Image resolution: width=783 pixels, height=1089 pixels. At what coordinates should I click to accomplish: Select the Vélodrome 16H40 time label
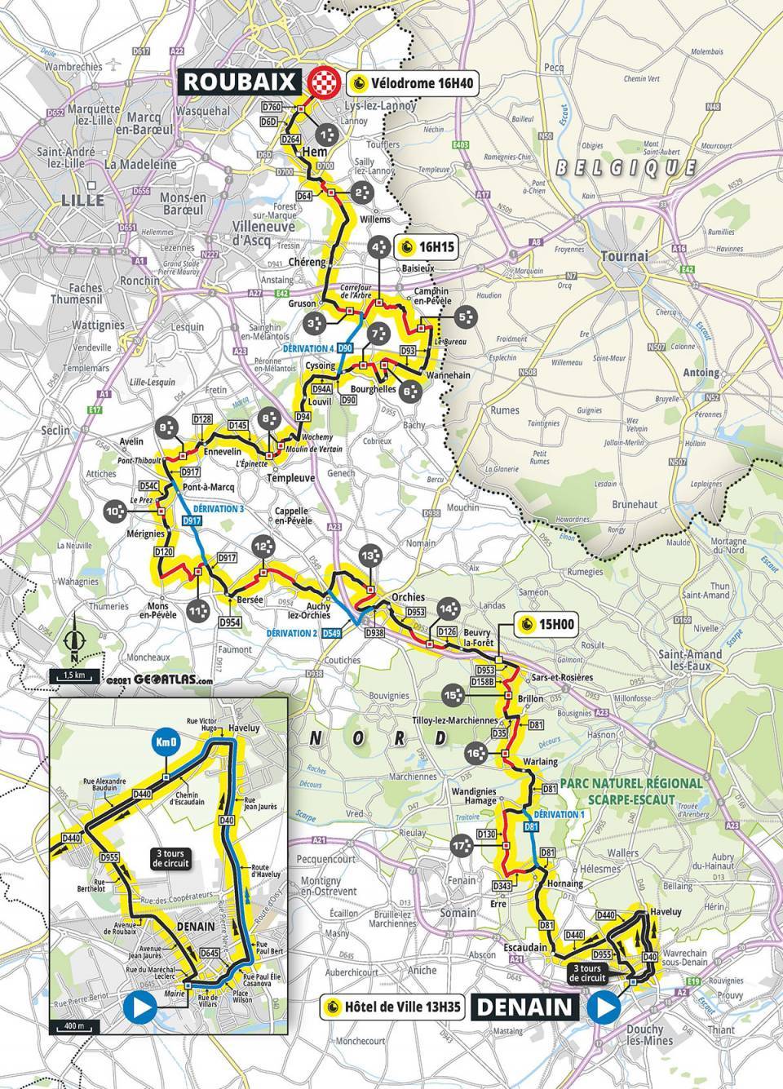tap(412, 82)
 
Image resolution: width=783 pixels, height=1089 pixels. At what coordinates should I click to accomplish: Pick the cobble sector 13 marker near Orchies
tap(370, 556)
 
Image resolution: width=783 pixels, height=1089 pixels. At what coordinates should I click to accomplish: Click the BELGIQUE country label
tap(625, 168)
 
